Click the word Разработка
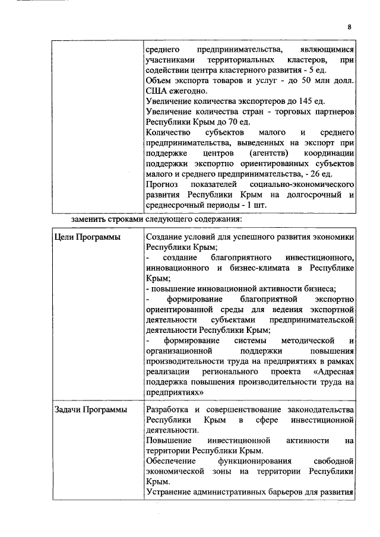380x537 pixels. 167,411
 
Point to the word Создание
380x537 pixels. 164,237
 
